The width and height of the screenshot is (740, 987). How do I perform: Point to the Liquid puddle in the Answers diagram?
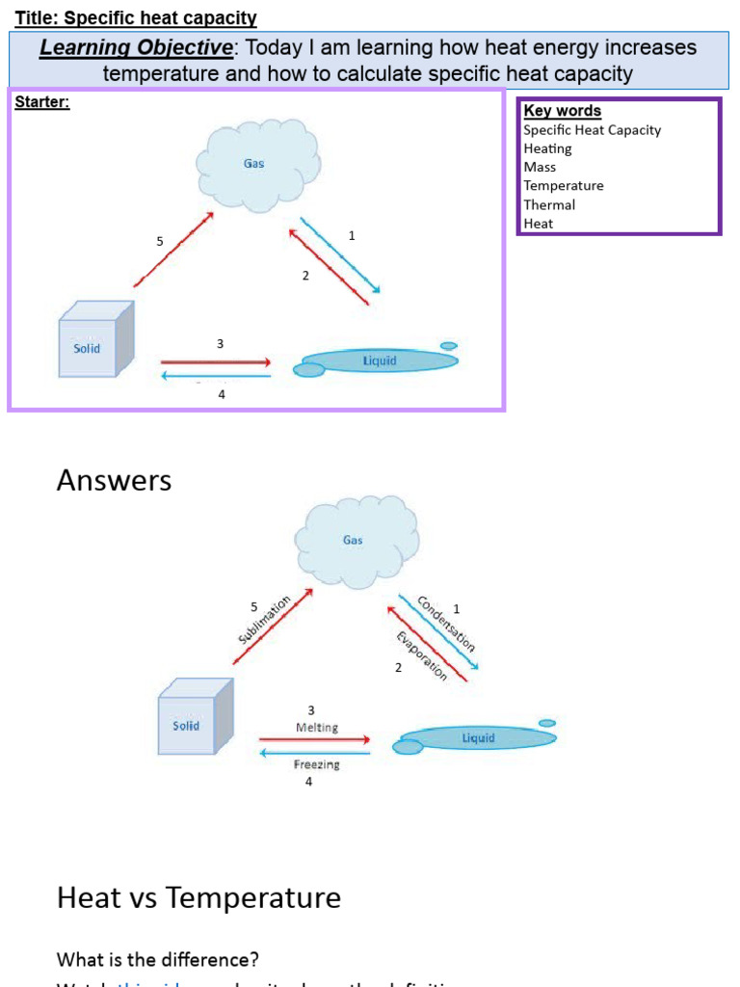coord(477,738)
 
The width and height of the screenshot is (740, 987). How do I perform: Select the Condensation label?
coord(446,625)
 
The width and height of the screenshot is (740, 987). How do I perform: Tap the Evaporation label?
coord(422,655)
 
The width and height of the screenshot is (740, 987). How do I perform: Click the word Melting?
coord(316,728)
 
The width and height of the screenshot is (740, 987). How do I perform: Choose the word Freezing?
coord(316,764)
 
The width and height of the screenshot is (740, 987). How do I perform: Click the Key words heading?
coord(562,111)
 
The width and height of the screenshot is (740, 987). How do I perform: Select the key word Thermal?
coord(549,204)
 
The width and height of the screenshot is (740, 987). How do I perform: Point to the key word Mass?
coord(540,167)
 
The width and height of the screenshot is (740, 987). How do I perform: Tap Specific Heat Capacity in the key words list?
coord(592,130)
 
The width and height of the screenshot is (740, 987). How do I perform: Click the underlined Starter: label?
coord(41,102)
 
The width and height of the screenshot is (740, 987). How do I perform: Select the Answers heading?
coord(114,480)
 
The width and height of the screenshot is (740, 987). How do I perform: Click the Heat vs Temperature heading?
coord(198,897)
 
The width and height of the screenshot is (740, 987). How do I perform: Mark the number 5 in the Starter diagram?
coord(160,242)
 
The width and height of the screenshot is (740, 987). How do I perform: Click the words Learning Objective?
coord(136,48)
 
